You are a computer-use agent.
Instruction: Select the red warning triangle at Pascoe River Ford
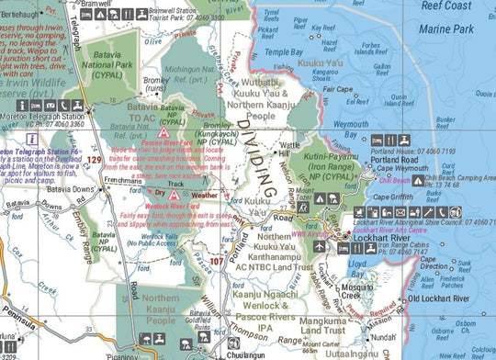(x=189, y=133)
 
